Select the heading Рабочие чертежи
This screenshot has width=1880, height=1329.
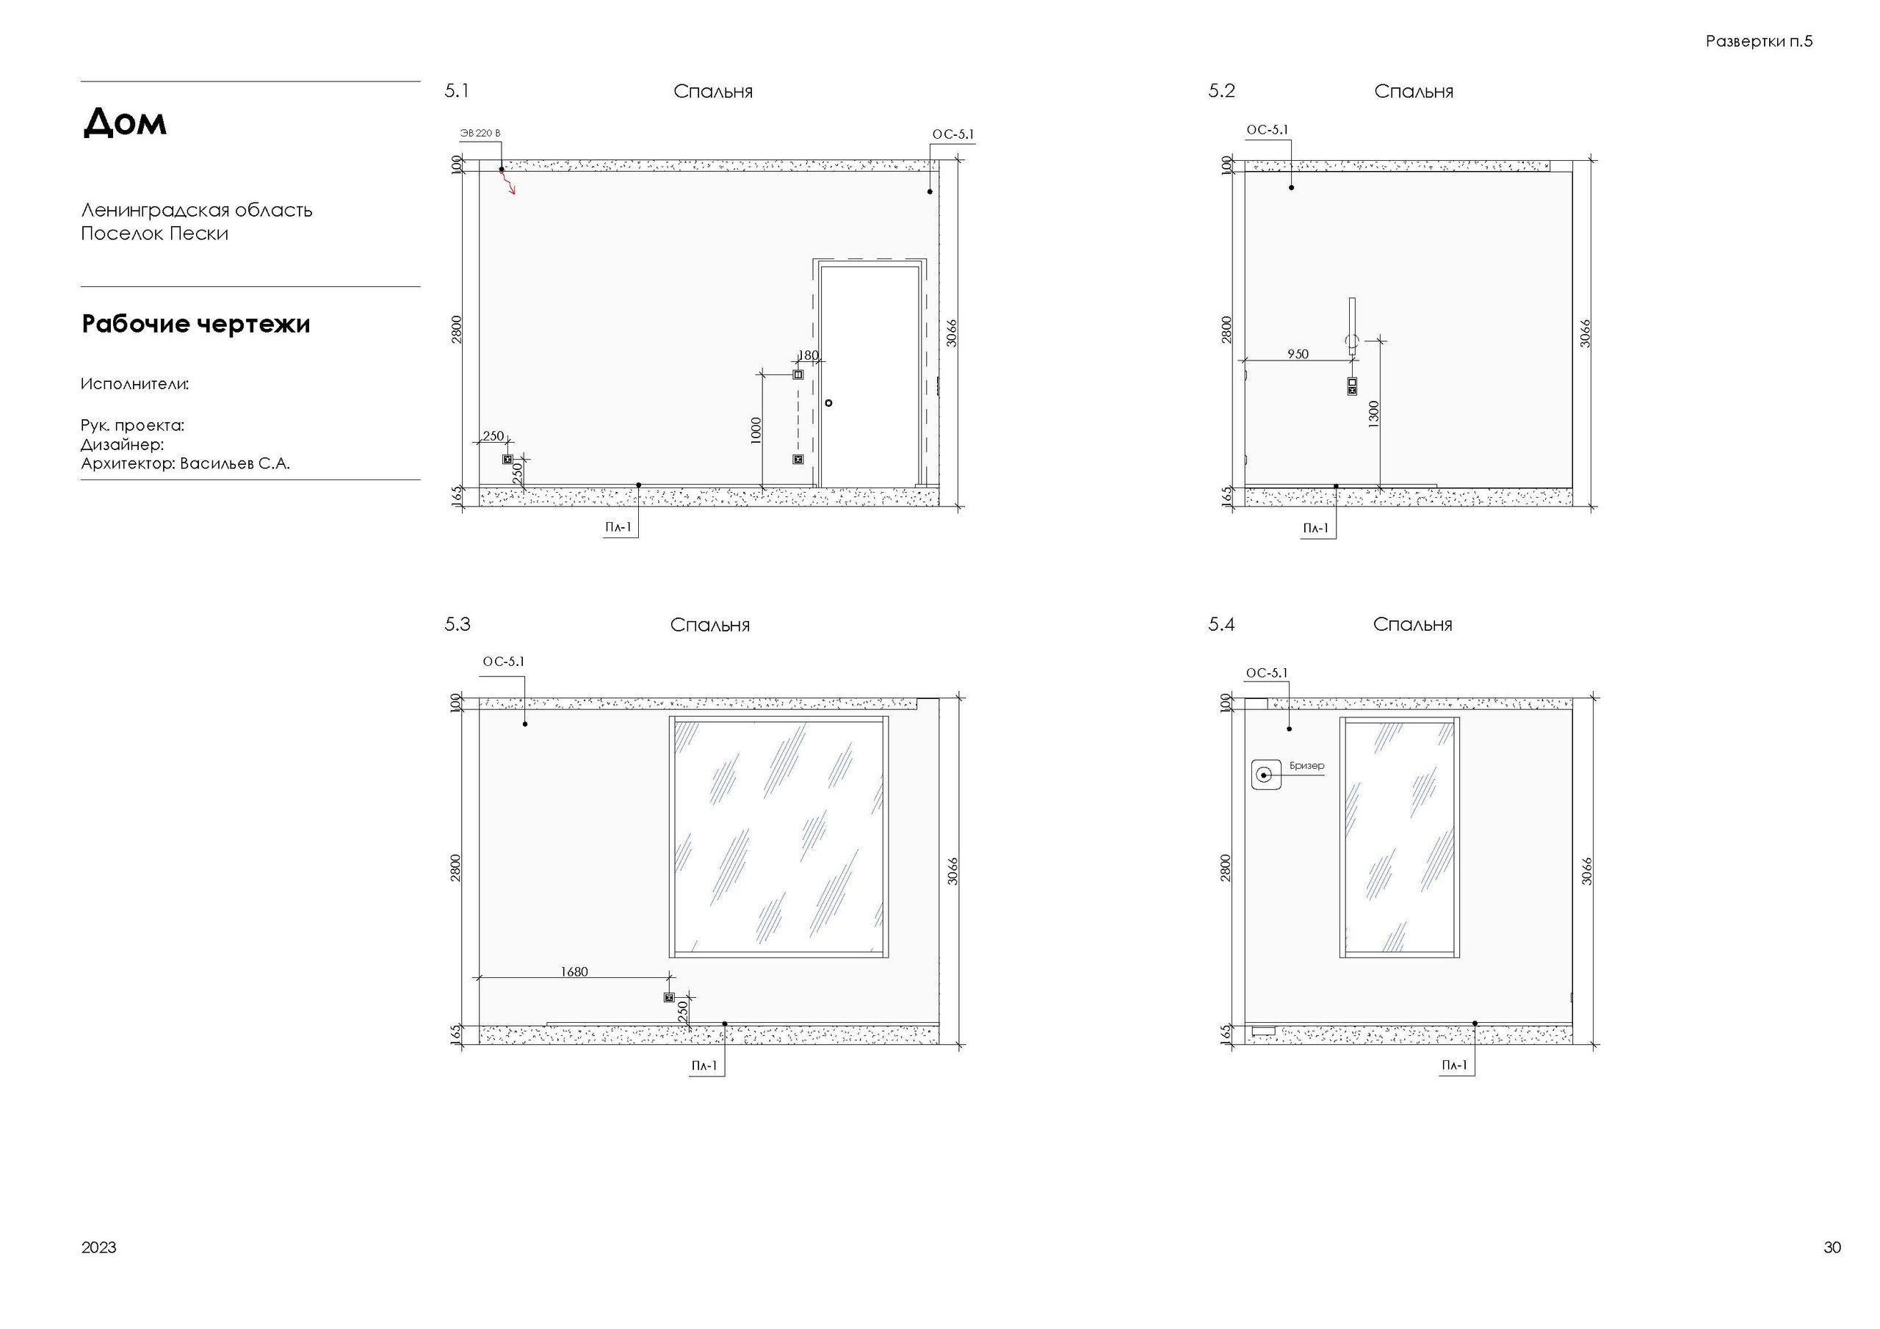click(195, 325)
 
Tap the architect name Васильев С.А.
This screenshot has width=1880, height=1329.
click(235, 463)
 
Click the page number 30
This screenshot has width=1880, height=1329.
click(1832, 1247)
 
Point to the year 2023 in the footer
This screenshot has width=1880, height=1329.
click(98, 1247)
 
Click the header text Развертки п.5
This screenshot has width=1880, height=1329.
click(1759, 41)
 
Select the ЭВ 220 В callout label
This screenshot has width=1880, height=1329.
click(480, 134)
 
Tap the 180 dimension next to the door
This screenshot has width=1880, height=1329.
click(808, 355)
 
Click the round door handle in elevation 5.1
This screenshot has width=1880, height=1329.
click(828, 403)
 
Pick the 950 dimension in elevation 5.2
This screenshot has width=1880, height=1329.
click(1298, 354)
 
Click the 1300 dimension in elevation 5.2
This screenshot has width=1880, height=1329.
click(1373, 412)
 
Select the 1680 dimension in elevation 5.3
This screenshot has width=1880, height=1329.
click(574, 972)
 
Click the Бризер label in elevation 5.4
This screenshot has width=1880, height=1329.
click(1307, 766)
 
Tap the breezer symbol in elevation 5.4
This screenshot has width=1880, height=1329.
click(1266, 775)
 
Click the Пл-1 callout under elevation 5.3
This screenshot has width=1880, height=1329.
click(704, 1065)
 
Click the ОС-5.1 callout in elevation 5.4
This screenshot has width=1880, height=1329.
click(1267, 673)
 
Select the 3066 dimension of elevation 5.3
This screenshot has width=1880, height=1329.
click(953, 872)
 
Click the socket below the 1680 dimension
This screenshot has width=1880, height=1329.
click(669, 997)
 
